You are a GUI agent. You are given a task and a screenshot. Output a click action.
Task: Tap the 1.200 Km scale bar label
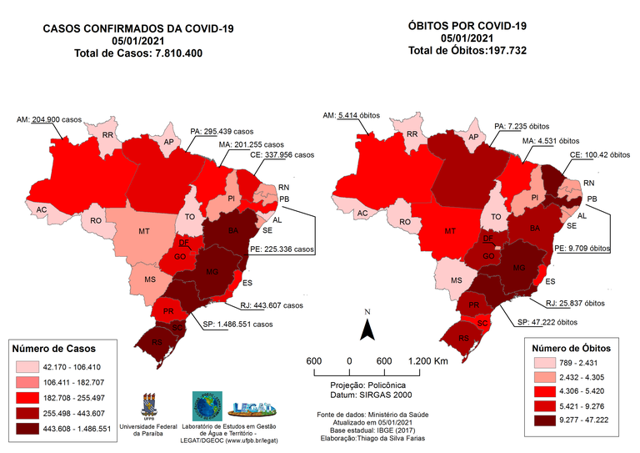[428, 360]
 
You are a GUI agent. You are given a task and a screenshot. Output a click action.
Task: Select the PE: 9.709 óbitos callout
[584, 248]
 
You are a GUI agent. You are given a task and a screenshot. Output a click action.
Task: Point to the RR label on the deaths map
[412, 134]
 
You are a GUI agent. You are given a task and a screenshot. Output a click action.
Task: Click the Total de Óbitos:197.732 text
[467, 51]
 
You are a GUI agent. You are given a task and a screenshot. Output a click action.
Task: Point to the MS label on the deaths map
[457, 281]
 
